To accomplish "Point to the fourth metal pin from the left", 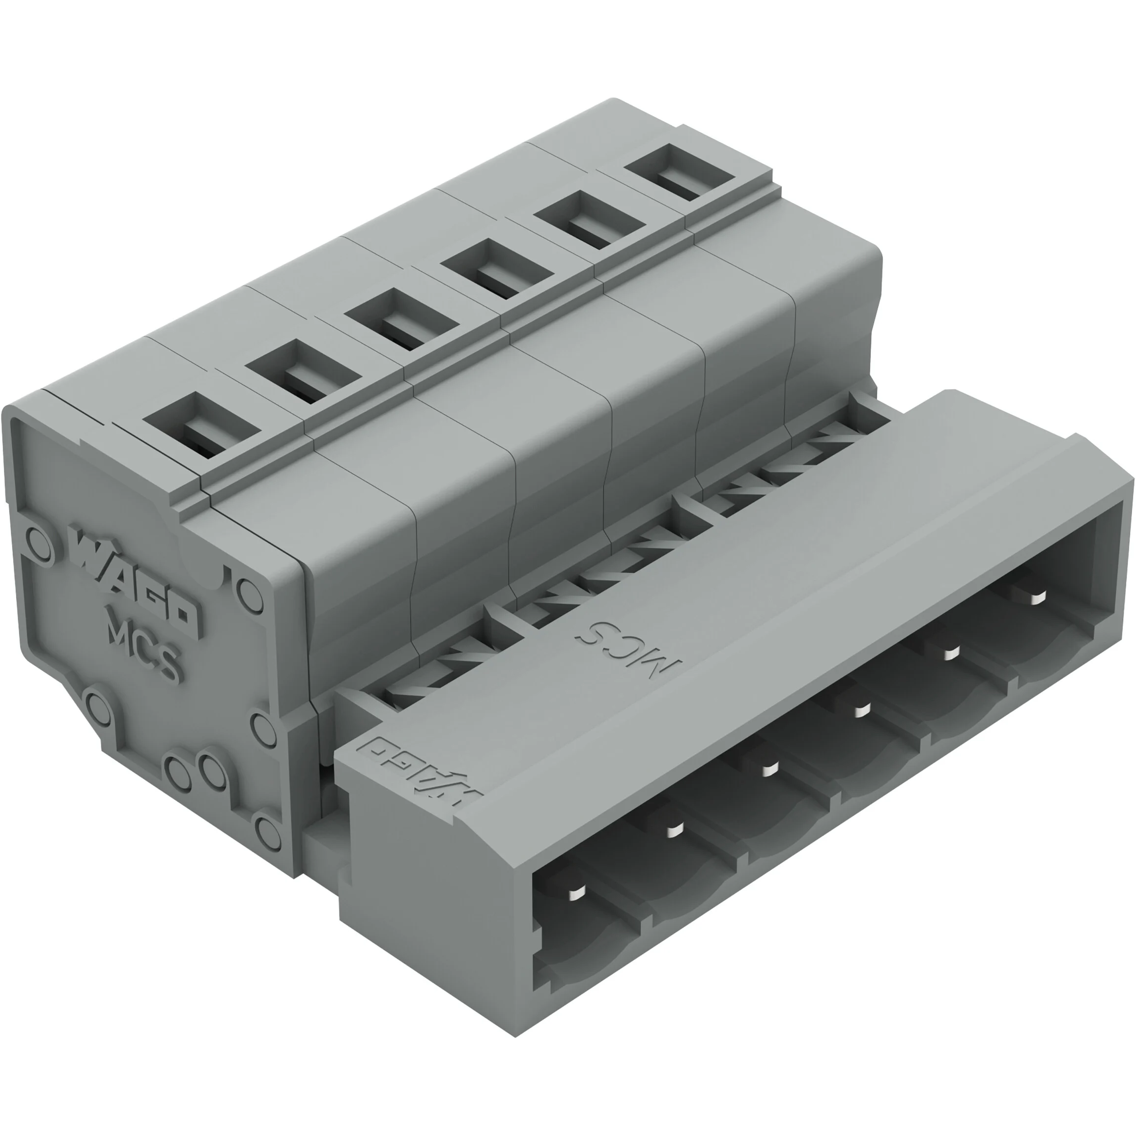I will pos(861,710).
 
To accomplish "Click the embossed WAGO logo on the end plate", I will pos(135,582).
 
